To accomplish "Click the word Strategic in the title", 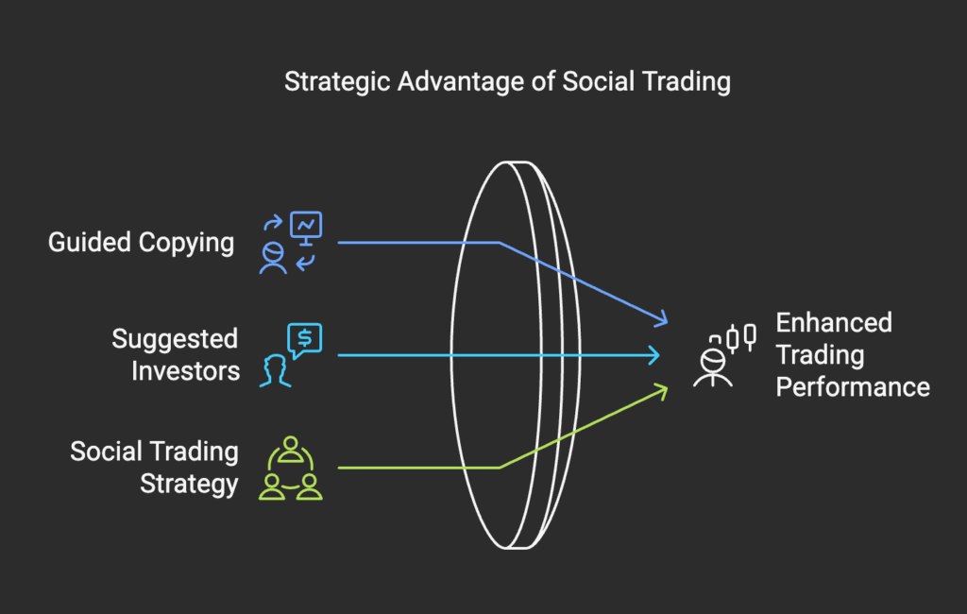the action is click(337, 82).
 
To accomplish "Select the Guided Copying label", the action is click(142, 243).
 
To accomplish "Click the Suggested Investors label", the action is click(176, 355).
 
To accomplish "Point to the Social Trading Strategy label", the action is click(154, 468).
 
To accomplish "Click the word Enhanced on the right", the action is click(834, 323).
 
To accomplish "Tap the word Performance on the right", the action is click(853, 387).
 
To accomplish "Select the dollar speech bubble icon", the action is click(305, 340).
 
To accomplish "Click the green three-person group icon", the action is click(291, 469).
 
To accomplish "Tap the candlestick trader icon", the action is click(724, 355).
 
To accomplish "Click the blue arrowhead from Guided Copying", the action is click(661, 318).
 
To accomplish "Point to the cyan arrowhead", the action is click(653, 355).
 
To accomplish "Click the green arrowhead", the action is click(661, 391).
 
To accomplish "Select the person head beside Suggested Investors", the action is click(275, 371).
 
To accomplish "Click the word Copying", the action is click(187, 243).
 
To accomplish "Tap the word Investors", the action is click(186, 371).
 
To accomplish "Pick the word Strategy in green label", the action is click(189, 484).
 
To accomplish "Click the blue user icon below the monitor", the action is click(273, 258).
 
